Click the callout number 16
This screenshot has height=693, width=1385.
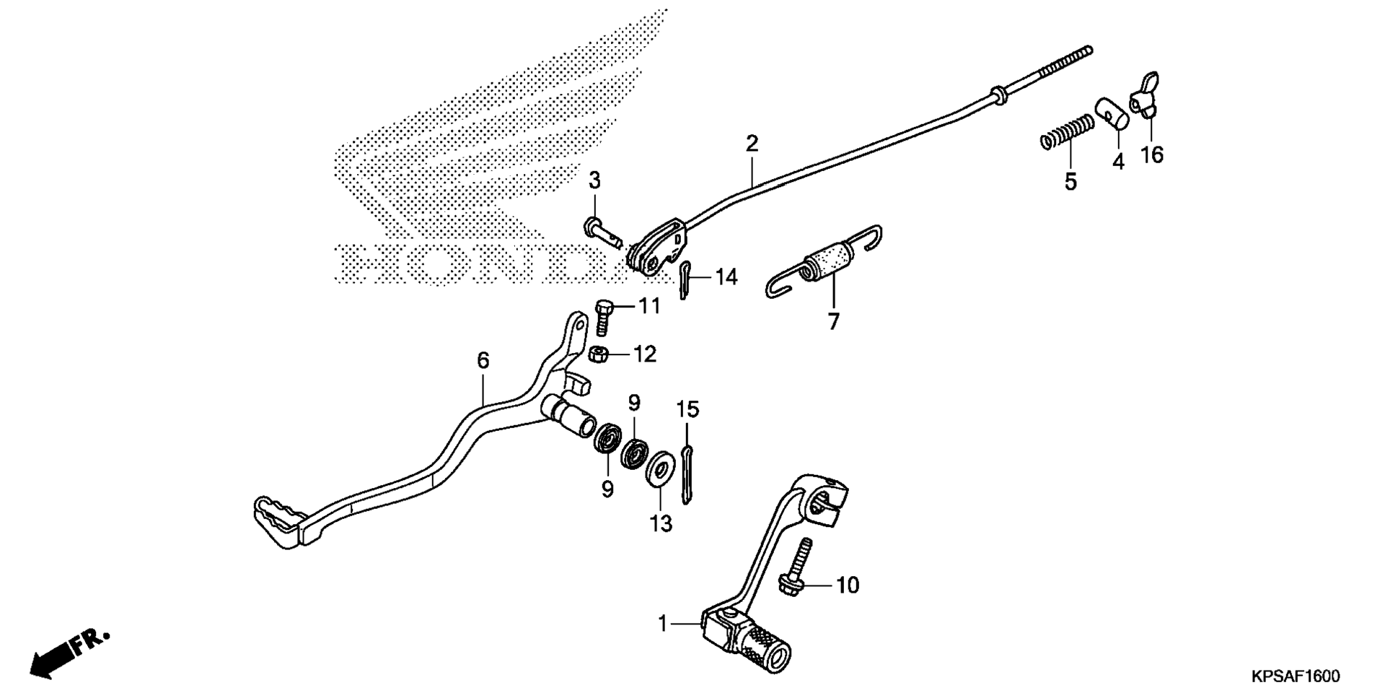(x=1152, y=154)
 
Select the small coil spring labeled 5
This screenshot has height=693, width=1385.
(x=1068, y=131)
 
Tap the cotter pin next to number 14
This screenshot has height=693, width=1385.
(x=685, y=279)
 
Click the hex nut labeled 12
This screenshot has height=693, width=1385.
(x=597, y=354)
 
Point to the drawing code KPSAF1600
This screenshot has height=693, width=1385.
(x=1296, y=676)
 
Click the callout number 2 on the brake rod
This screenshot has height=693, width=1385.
(x=752, y=143)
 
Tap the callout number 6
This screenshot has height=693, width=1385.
(x=483, y=359)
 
